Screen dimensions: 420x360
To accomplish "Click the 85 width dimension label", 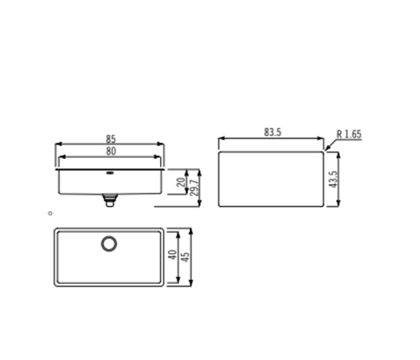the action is tap(111, 138).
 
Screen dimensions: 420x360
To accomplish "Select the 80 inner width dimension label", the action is tap(111, 152).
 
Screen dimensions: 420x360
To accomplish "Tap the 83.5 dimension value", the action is tap(273, 132).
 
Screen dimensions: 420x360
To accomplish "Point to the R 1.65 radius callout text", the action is tap(349, 134).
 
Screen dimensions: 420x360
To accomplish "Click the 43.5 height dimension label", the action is tap(332, 180).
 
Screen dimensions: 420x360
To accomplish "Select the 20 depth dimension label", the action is tap(181, 182).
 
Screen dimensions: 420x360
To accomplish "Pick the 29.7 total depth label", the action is tap(194, 187).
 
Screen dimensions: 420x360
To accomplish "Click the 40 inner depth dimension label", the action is tap(172, 255).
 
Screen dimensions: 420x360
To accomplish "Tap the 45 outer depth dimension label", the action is tap(185, 257).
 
